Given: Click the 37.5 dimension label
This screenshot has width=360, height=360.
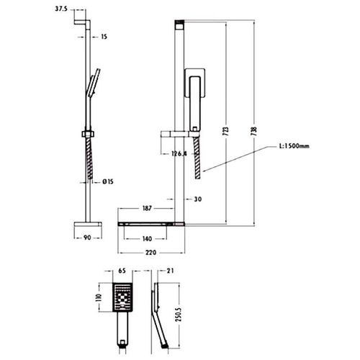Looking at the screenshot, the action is pyautogui.click(x=61, y=9).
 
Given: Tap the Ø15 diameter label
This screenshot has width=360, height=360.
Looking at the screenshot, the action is pyautogui.click(x=108, y=181).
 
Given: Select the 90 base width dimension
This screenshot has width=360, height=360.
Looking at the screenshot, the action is pyautogui.click(x=87, y=238).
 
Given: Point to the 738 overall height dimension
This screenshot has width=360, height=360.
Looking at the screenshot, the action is pyautogui.click(x=253, y=131).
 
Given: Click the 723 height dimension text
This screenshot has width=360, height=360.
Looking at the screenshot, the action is pyautogui.click(x=225, y=131).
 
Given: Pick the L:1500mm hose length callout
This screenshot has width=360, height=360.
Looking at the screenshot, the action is pyautogui.click(x=294, y=146).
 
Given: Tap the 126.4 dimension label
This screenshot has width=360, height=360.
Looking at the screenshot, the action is pyautogui.click(x=179, y=153).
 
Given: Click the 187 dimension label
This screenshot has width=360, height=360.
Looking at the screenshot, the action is pyautogui.click(x=147, y=208).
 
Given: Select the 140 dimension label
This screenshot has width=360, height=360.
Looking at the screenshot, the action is pyautogui.click(x=147, y=239).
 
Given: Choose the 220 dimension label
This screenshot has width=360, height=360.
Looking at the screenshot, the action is pyautogui.click(x=150, y=253).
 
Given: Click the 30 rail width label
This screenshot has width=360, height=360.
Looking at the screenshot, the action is pyautogui.click(x=197, y=199).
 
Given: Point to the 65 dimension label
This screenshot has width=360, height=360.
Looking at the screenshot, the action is pyautogui.click(x=122, y=271).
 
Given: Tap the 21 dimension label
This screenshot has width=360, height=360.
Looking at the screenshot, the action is pyautogui.click(x=170, y=271).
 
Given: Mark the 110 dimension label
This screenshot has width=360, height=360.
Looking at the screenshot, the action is pyautogui.click(x=99, y=297).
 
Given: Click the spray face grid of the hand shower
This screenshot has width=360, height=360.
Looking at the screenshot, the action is pyautogui.click(x=122, y=297).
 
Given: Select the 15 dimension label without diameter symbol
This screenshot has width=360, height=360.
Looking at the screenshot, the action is pyautogui.click(x=104, y=37).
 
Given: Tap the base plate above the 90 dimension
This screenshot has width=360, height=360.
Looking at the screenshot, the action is pyautogui.click(x=88, y=225).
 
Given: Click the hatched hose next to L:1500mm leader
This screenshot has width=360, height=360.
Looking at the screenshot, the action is pyautogui.click(x=197, y=158).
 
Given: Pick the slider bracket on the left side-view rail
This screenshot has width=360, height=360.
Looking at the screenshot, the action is pyautogui.click(x=88, y=134).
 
